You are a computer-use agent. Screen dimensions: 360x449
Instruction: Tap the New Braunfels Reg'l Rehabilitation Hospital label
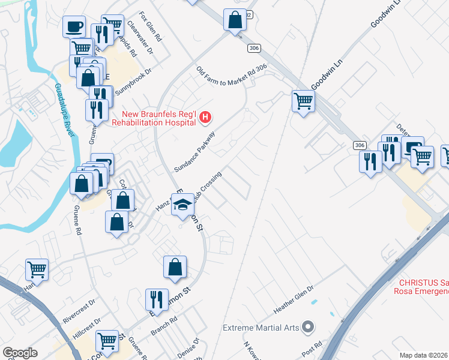(x=159, y=118)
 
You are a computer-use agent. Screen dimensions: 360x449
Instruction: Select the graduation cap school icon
(x=182, y=206)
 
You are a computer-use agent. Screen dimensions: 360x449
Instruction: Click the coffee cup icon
(x=74, y=27)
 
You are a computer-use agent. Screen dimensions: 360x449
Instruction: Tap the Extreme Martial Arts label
(x=260, y=328)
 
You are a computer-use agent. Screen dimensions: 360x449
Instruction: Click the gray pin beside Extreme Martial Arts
(x=308, y=327)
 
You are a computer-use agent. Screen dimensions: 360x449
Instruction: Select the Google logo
(x=20, y=353)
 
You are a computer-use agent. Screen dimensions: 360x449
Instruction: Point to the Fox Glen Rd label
(x=150, y=26)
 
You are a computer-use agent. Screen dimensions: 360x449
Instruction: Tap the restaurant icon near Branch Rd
(x=156, y=299)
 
